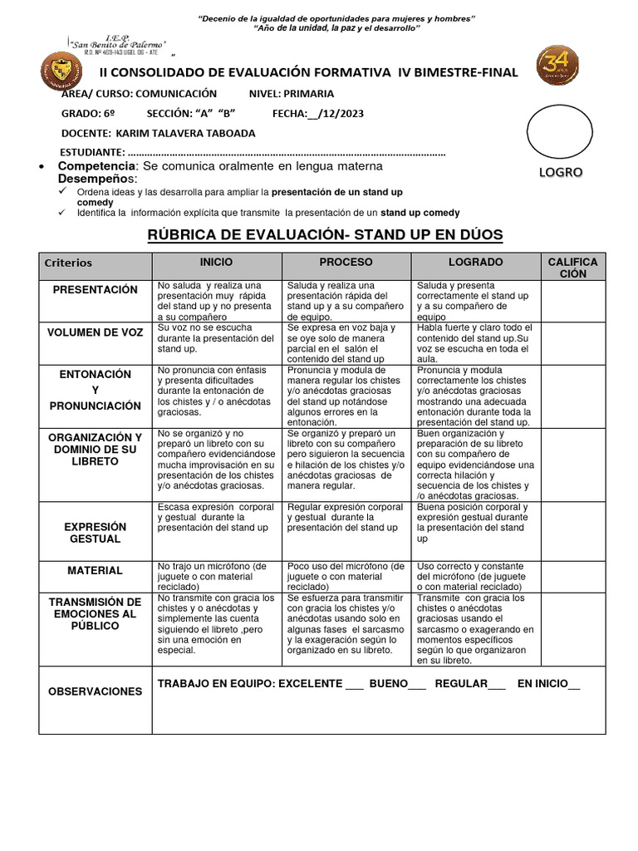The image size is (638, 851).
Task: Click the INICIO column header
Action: click(216, 262)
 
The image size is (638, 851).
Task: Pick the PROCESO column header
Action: click(346, 262)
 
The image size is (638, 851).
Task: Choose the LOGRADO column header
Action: click(475, 262)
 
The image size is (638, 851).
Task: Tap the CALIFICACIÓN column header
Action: click(572, 268)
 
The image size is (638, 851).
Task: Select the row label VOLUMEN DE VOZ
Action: click(95, 332)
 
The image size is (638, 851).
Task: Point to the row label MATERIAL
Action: click(95, 571)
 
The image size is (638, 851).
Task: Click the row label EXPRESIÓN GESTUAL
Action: click(95, 533)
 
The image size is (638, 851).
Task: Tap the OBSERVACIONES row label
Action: click(95, 691)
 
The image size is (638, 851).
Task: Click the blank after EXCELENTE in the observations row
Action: click(355, 684)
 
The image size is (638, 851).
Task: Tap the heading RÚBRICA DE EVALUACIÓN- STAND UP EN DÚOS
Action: click(325, 235)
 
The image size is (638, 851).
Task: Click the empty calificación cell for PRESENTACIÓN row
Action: click(572, 301)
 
